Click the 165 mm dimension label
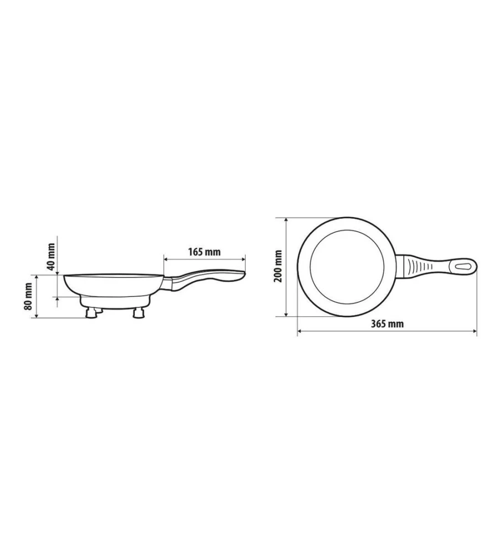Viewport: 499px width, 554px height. [205, 252]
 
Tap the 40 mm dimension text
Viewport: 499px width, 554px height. [52, 257]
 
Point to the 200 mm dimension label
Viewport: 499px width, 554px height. [279, 266]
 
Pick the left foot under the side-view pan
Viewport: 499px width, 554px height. [90, 314]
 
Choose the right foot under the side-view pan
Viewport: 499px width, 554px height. [139, 314]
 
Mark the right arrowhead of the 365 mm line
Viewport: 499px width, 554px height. [475, 332]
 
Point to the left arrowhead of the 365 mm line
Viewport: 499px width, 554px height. [300, 332]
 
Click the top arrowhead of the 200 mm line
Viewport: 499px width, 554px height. [286, 219]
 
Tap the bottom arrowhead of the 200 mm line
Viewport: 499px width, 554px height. [286, 314]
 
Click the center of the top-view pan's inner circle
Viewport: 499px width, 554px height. [346, 266]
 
